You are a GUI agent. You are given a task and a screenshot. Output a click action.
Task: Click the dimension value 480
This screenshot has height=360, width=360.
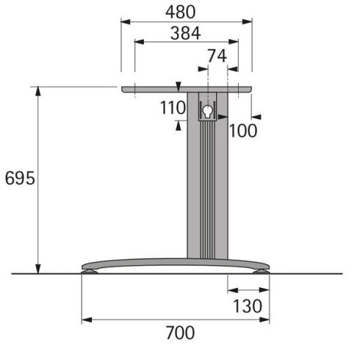181,12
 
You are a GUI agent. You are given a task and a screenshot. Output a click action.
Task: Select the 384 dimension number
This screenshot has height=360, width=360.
186,33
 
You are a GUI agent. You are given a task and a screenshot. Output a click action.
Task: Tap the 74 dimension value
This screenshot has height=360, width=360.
217,56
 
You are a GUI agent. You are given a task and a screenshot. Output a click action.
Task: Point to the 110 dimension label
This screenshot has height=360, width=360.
173,108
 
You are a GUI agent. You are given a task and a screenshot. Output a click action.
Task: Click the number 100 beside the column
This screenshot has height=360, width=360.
243,131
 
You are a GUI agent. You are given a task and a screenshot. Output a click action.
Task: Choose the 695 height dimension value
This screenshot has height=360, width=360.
20,179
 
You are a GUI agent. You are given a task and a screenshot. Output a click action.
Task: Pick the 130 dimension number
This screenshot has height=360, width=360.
248,306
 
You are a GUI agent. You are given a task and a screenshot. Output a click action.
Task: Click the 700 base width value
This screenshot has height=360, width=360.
181,333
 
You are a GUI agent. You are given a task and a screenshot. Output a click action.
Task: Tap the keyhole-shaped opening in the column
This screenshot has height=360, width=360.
207,112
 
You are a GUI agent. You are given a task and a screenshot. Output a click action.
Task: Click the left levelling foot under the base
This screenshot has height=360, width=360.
90,271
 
